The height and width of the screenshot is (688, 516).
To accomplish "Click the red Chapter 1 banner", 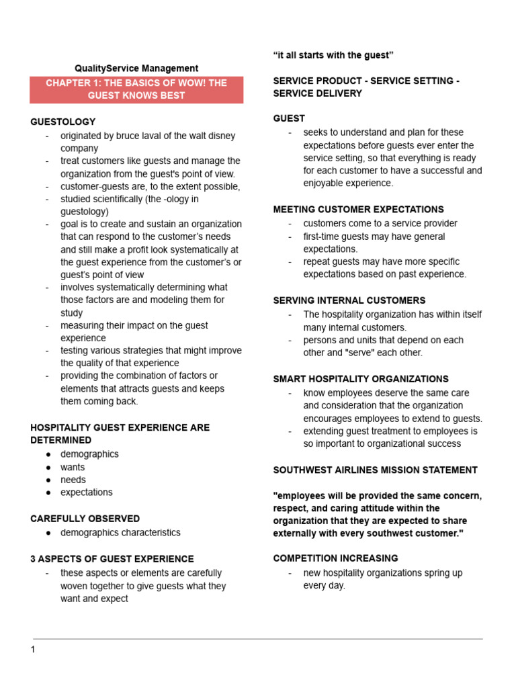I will [x=136, y=89].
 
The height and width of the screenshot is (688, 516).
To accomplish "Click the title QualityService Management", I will [x=136, y=68].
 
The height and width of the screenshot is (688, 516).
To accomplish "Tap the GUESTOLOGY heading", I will [x=63, y=122].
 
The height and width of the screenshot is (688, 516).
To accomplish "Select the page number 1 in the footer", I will [x=32, y=649].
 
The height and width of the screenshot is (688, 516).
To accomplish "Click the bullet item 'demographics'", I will [x=89, y=454].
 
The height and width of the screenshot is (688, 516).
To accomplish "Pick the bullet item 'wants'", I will [x=73, y=467].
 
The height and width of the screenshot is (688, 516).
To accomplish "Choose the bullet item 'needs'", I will [x=73, y=480].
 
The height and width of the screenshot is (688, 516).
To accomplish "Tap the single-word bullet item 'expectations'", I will [x=87, y=492].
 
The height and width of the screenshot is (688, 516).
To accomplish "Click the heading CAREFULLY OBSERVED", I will [x=85, y=519].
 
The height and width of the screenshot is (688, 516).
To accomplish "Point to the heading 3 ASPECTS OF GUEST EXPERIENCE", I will [x=112, y=558].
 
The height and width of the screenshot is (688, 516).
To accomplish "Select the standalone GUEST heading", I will [x=289, y=118].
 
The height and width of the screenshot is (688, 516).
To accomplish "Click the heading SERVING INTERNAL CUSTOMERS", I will [x=349, y=300].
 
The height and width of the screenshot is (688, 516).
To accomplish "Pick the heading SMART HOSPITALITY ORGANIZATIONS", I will [x=361, y=379].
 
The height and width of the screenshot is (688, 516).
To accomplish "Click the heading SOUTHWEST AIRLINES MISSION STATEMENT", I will [x=376, y=470].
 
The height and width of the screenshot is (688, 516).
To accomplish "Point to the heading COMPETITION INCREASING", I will [x=335, y=558].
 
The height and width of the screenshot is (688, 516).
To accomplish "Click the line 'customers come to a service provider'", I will [x=380, y=223].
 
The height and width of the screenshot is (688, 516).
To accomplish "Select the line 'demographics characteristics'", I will [x=120, y=533].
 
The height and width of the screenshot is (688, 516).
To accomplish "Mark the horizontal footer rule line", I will [x=258, y=638].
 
